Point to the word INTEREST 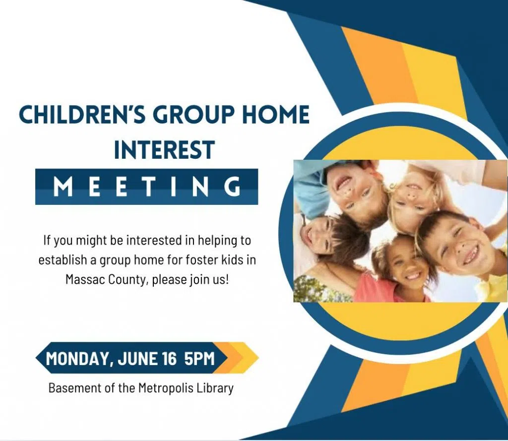pyautogui.click(x=165, y=150)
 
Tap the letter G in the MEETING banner pyautogui.click(x=233, y=187)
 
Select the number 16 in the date pyautogui.click(x=170, y=358)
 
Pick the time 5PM pyautogui.click(x=199, y=358)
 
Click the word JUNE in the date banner pyautogui.click(x=138, y=358)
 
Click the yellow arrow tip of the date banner pyautogui.click(x=258, y=358)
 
